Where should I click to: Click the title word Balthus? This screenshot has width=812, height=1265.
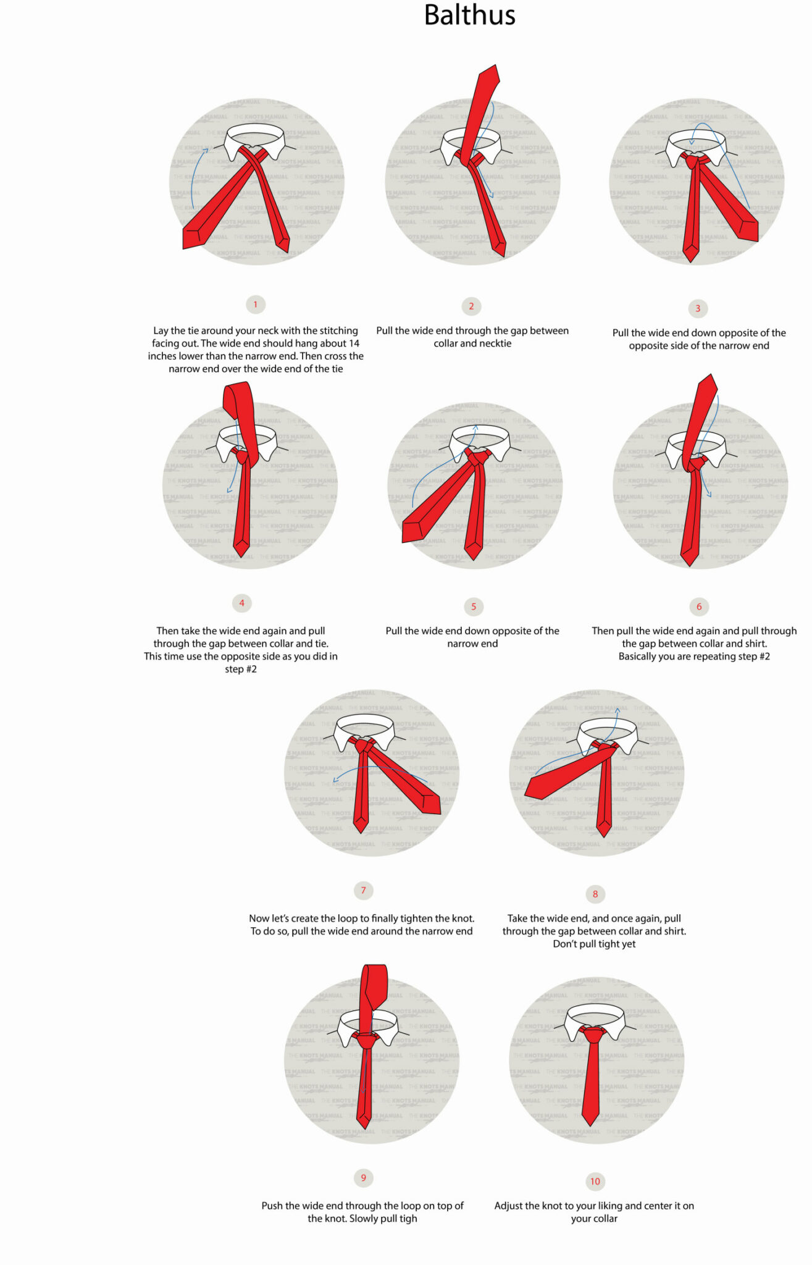click(x=469, y=15)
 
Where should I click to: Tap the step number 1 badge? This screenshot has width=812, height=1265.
click(x=256, y=305)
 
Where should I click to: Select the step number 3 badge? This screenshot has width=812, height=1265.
click(x=698, y=308)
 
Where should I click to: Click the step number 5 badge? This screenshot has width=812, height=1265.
click(x=474, y=607)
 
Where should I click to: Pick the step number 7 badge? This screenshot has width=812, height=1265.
click(x=363, y=890)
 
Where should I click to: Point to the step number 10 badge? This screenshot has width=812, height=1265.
click(x=595, y=1181)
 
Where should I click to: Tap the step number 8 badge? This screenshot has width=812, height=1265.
click(x=595, y=894)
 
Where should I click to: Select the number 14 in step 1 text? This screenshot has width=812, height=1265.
click(x=354, y=343)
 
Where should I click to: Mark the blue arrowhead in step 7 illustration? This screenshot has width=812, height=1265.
click(x=335, y=780)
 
